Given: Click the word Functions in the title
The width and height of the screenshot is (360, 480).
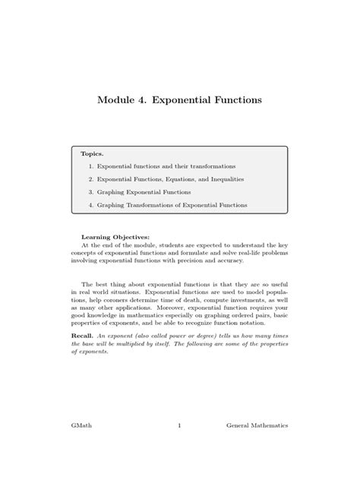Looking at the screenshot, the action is coord(233,99).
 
